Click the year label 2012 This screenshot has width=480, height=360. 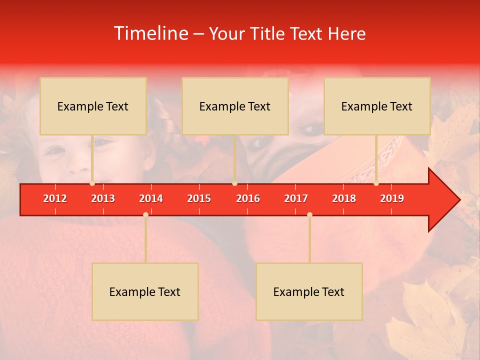pos(55,198)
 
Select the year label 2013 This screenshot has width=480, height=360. pos(103,198)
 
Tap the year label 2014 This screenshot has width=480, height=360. pos(151,198)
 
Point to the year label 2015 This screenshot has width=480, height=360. pos(199,198)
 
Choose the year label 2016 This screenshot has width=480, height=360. pos(248,198)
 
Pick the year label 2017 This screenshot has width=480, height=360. pos(296,198)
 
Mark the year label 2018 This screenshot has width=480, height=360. pos(344,198)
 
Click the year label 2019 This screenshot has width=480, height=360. pos(392,198)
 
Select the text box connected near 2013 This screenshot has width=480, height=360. pos(93,106)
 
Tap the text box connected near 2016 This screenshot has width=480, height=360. pos(235,106)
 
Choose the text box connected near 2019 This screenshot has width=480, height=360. pos(377,106)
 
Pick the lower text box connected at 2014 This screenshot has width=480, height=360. pos(145,291)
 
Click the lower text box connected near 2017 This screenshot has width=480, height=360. pos(309,291)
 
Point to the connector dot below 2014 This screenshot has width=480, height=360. pos(145,214)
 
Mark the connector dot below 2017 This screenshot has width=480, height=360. pos(309,214)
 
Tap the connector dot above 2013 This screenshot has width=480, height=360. pos(92,183)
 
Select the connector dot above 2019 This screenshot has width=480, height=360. pos(376,183)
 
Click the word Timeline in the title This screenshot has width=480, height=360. pos(151,33)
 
